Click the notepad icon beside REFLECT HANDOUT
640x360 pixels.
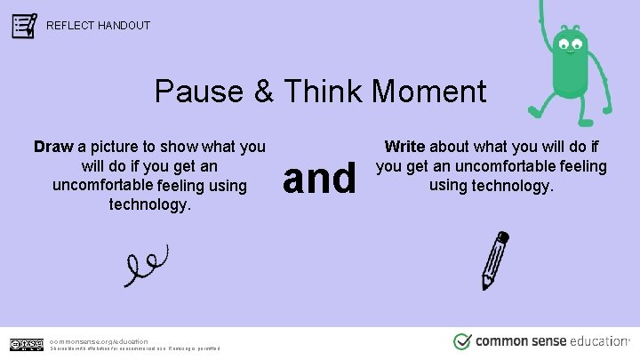pos(24,25)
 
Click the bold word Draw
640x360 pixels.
pos(53,146)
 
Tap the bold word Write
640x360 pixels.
pos(404,146)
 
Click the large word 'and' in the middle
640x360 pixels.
pos(319,177)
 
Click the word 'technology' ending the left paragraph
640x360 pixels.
pos(148,204)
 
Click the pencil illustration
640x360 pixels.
pos(495,260)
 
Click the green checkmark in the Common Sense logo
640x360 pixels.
pos(462,342)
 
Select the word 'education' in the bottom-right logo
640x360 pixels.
pos(595,341)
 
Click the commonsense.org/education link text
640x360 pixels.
pos(99,340)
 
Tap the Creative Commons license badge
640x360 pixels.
pos(26,344)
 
